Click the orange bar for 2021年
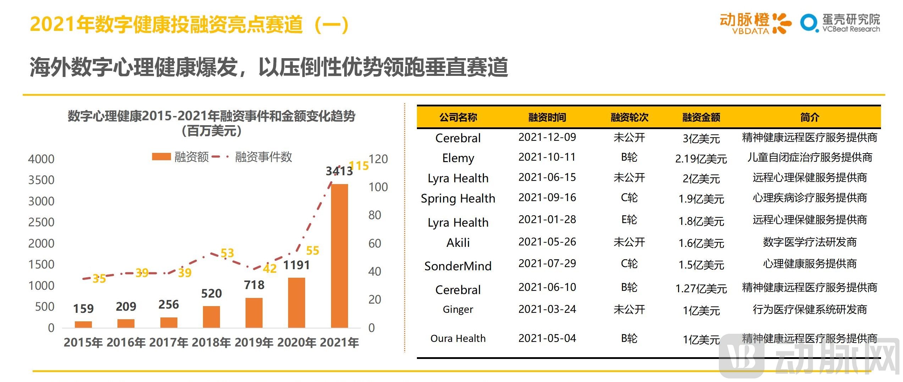tap(339, 255)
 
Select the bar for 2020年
tap(296, 303)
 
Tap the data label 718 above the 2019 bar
tap(254, 285)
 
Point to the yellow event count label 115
tap(359, 166)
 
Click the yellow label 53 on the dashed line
tap(227, 253)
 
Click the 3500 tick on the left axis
tap(41, 180)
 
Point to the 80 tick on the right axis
tap(375, 215)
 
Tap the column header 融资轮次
tap(629, 117)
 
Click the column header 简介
tap(809, 117)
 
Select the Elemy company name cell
tap(458, 158)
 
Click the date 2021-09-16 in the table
tap(547, 198)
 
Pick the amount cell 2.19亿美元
tap(701, 159)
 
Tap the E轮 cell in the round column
tap(629, 220)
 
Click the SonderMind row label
tap(458, 266)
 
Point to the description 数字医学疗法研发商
tap(809, 242)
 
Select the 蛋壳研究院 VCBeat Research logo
tap(840, 23)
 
